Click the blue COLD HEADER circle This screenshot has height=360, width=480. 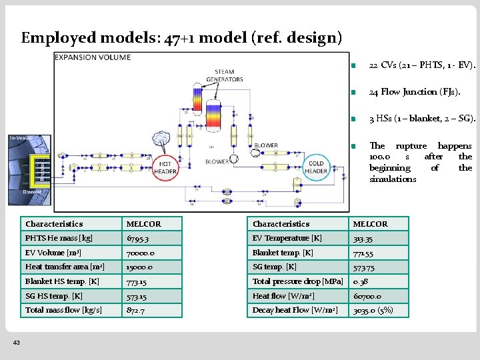316,167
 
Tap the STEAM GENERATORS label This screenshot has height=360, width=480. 225,75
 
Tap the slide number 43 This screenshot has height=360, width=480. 16,342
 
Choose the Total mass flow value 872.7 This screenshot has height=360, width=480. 137,310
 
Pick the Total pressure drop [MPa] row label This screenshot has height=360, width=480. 297,281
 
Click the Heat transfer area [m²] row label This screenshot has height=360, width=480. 65,267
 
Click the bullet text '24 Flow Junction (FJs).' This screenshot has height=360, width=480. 413,92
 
